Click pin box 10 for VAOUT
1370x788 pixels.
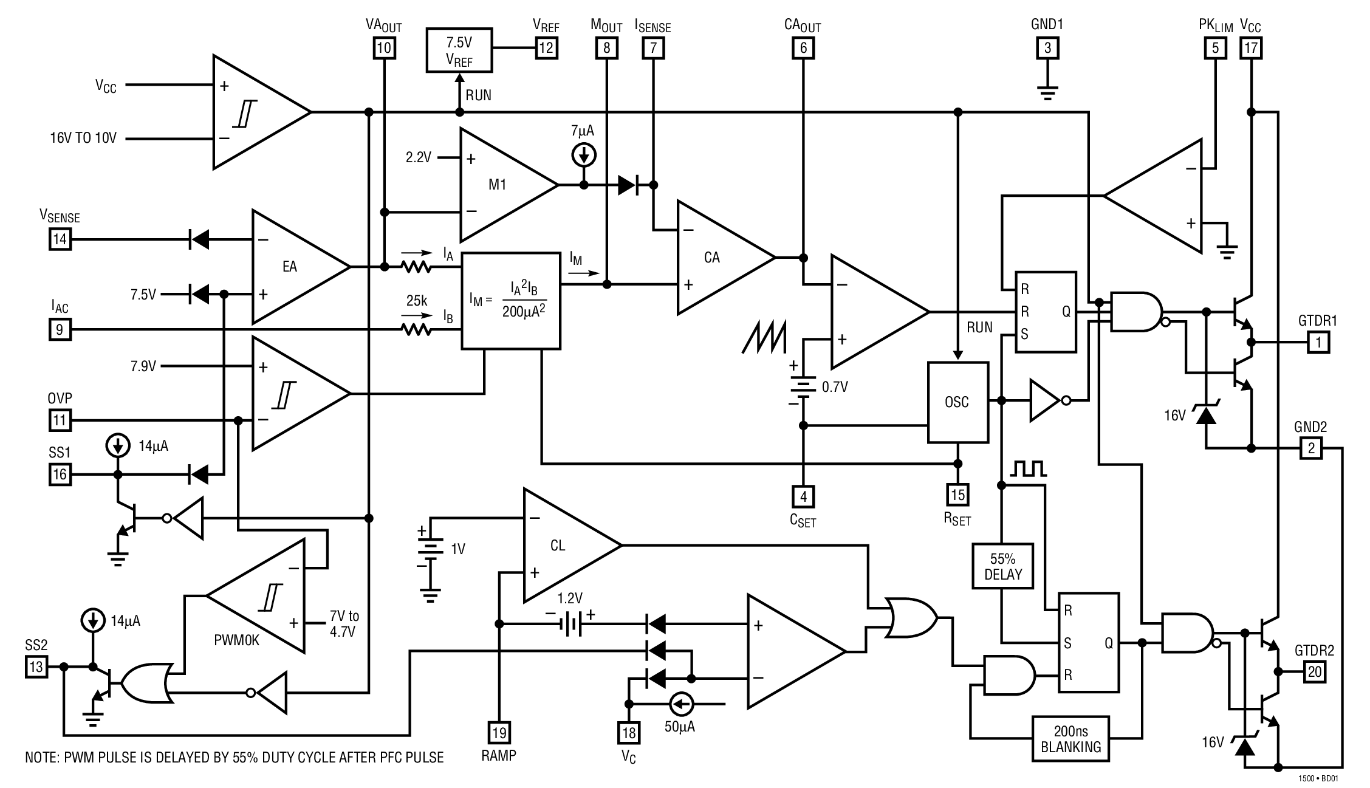[384, 47]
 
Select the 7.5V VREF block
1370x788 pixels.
[459, 50]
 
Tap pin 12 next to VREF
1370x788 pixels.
[546, 47]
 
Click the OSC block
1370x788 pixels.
[957, 402]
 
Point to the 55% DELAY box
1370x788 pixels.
[1002, 566]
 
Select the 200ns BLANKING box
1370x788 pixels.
[1070, 739]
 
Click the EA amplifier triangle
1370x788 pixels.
[292, 267]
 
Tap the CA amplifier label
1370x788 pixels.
[711, 258]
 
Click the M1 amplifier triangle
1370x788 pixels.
[498, 185]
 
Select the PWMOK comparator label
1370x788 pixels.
[236, 640]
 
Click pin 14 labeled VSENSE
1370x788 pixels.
[60, 239]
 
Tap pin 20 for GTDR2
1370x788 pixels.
[1314, 672]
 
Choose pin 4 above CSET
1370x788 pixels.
[803, 497]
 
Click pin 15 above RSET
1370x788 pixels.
[957, 495]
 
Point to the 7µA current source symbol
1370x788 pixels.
[584, 156]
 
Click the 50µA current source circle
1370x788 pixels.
[680, 704]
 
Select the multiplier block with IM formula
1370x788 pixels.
[510, 301]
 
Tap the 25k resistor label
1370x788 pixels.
[417, 301]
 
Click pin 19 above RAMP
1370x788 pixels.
[499, 733]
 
